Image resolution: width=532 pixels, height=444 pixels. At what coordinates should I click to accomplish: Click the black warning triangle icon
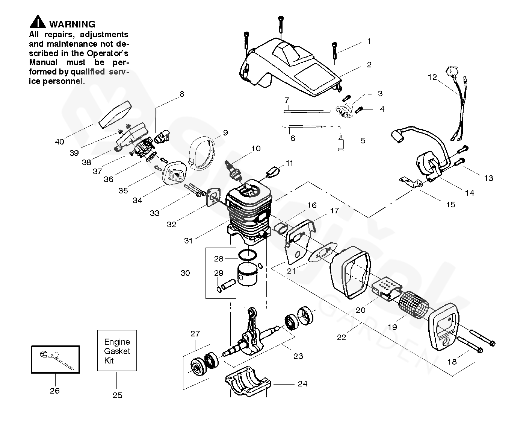point(38,22)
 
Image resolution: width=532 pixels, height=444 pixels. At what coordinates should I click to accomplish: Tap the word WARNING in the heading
point(73,24)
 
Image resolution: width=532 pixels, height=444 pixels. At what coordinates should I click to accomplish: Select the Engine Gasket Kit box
point(117,350)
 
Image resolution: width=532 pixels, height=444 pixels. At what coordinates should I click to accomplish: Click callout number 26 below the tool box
point(55,391)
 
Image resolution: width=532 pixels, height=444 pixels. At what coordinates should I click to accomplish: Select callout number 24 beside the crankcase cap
point(303,383)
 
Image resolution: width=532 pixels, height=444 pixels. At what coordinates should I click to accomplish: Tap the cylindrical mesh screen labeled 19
point(414,305)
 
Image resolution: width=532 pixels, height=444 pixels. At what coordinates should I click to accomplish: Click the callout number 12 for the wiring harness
point(432,77)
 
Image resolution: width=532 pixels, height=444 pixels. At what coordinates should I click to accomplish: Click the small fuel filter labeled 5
point(340,143)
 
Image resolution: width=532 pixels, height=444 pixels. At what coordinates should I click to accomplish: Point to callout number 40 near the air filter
point(60,141)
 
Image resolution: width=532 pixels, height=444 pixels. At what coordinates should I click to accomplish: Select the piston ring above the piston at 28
point(247,255)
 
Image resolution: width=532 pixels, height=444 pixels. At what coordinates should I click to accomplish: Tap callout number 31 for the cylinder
point(188,241)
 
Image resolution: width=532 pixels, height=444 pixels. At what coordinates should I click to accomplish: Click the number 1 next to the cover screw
point(369,41)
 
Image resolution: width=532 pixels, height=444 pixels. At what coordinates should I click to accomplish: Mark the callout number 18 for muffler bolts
point(452,362)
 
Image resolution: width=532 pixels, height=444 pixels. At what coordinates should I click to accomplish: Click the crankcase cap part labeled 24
point(248,381)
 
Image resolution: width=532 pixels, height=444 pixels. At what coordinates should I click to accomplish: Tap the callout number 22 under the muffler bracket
point(342,338)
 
